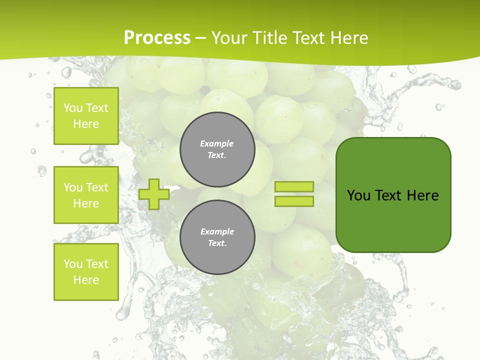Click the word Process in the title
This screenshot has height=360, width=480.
[157, 38]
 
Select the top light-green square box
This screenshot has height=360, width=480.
[86, 116]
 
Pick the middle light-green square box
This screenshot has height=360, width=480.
[86, 195]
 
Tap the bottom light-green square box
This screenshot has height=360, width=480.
[86, 272]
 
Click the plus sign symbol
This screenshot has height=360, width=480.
[154, 193]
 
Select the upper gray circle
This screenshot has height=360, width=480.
[217, 149]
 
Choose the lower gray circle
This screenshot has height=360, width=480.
[217, 237]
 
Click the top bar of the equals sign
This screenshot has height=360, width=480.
[294, 186]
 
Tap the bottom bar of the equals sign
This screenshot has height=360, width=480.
[294, 201]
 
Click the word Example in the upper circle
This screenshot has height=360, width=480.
[217, 143]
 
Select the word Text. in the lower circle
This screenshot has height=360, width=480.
[217, 243]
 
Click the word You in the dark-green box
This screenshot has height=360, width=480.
[359, 195]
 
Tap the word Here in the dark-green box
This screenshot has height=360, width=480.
[422, 195]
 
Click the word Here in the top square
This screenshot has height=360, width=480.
[86, 124]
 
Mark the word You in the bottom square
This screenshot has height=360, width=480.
[73, 264]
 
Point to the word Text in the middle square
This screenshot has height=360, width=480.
[97, 187]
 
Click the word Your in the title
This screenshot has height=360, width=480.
[228, 38]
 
